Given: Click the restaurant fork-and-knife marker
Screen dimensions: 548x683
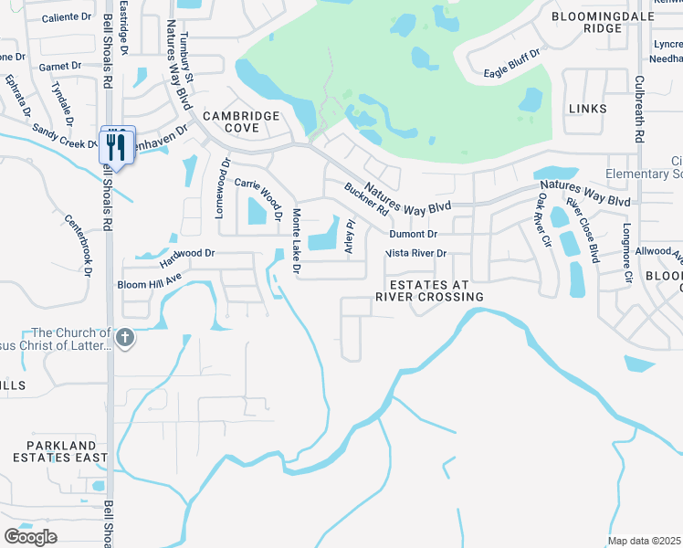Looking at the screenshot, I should point(117,144).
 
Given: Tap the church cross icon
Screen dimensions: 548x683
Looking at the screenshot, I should point(125,339).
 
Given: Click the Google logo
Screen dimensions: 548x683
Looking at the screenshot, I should point(30,536).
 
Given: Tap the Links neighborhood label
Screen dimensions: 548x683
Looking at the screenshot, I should point(586,109).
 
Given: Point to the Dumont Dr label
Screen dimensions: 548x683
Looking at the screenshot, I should point(413,235).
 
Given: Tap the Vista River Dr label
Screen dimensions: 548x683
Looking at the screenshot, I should point(416,253).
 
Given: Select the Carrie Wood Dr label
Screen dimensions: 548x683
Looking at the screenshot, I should point(257,193).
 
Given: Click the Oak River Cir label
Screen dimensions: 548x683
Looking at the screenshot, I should point(544,218).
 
